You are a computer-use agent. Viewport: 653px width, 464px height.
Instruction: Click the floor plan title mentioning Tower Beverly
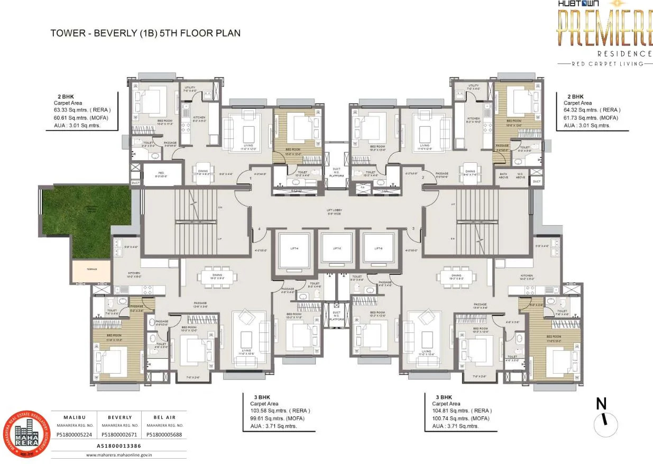pos(145,33)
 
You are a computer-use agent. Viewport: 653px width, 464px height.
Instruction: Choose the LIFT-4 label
pos(295,248)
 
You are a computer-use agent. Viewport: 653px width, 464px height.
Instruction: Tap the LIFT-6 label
pos(379,248)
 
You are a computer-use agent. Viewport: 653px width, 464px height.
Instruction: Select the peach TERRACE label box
pos(92,270)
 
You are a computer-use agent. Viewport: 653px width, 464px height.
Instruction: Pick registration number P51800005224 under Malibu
pos(75,435)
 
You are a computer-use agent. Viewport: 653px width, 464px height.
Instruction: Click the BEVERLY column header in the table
pos(119,417)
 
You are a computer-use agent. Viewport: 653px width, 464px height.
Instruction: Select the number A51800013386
pos(119,446)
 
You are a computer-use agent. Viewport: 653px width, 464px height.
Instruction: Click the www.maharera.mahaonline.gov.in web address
pos(119,454)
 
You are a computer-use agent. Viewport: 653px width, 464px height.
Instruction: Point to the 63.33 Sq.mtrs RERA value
pos(82,110)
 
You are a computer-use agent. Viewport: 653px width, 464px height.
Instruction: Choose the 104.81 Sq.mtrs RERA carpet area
pos(461,411)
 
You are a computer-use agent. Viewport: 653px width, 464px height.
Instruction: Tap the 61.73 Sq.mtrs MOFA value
pos(591,118)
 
